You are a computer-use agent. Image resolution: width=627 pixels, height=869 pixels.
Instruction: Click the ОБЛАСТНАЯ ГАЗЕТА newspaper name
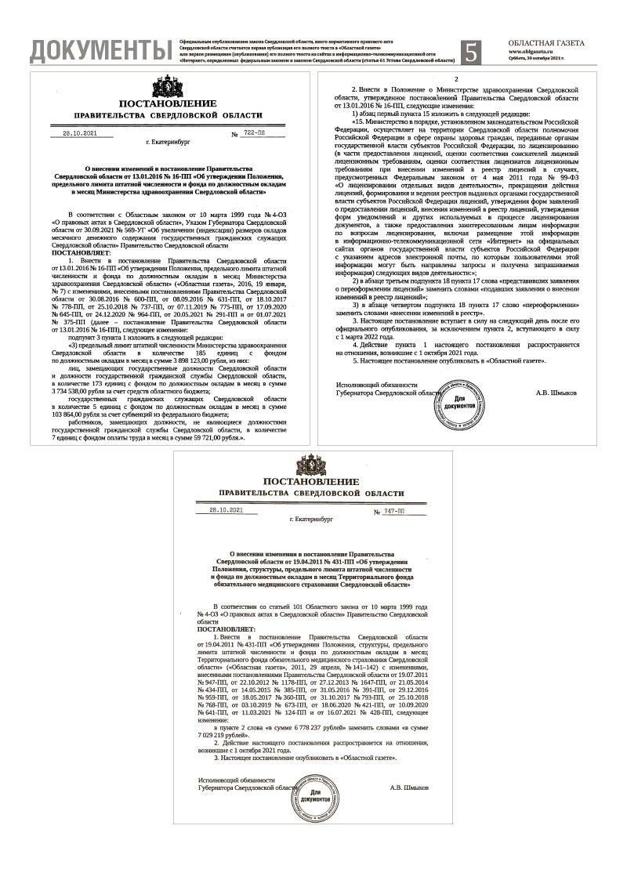pos(546,43)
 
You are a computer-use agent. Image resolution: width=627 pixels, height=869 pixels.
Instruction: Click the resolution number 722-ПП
pos(254,134)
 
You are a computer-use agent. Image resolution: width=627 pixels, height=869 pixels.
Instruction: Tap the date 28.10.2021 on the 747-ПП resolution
pos(226,510)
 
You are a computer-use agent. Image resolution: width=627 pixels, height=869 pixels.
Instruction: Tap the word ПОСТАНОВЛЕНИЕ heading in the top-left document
pos(168,103)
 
